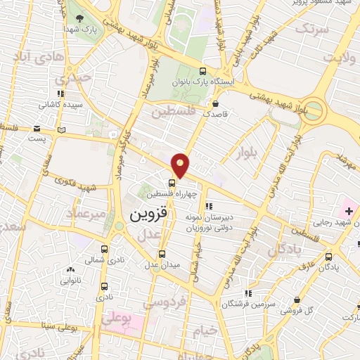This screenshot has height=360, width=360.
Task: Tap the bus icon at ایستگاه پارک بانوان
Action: click(203, 71)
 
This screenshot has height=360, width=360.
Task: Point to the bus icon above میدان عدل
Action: click(162, 254)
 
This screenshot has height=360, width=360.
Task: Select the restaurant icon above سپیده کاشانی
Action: click(61, 93)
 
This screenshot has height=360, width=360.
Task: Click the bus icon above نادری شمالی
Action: click(104, 249)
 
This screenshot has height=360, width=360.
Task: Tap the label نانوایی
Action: click(70, 280)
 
